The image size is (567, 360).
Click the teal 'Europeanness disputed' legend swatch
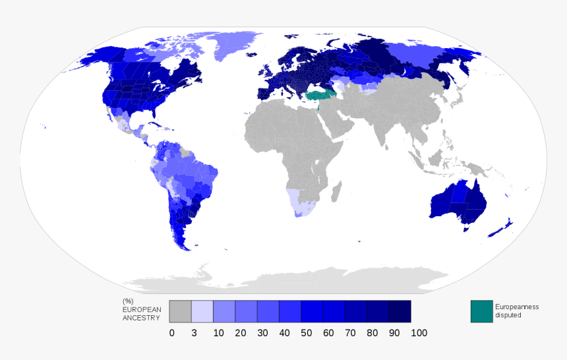click(481, 311)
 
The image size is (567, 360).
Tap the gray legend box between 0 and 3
click(180, 311)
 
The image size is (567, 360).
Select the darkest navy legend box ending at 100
click(400, 311)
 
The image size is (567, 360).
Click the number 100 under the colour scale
click(419, 333)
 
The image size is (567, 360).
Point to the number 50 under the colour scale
click(306, 333)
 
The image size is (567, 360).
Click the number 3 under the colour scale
click(194, 333)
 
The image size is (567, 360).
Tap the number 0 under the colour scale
click(172, 333)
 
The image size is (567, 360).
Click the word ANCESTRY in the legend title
click(141, 318)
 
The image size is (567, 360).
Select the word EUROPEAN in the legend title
click(141, 309)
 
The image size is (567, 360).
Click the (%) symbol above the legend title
click(128, 301)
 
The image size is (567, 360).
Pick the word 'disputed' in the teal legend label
click(508, 315)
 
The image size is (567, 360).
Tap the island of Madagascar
click(336, 192)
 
